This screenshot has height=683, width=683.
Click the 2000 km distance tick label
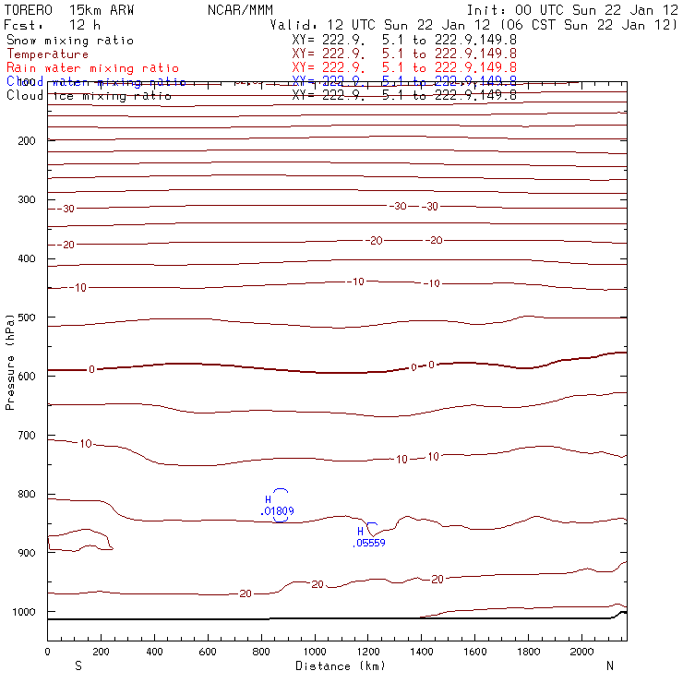tap(582, 653)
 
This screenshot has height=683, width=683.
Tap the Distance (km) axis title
tap(340, 665)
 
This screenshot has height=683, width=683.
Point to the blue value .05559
tap(369, 543)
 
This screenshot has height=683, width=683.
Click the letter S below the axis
tap(78, 665)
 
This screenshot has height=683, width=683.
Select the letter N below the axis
tap(609, 665)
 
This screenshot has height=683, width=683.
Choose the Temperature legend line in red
tap(47, 54)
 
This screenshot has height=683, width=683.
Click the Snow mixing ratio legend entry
tap(69, 41)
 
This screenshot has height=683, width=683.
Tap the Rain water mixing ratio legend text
tap(92, 68)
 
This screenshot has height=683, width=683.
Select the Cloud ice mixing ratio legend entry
tap(89, 95)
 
